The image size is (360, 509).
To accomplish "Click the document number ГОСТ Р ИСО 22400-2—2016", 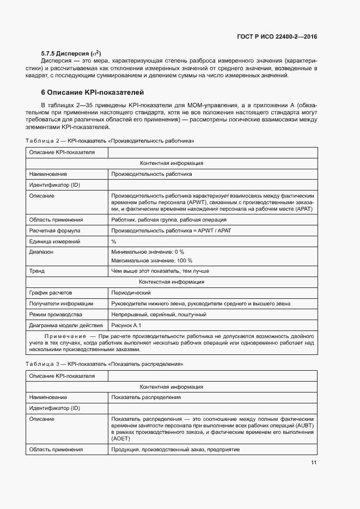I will pyautogui.click(x=277, y=37).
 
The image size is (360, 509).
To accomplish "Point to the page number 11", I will pyautogui.click(x=314, y=463).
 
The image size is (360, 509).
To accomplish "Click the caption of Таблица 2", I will pyautogui.click(x=110, y=141).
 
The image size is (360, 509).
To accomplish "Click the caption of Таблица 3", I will pyautogui.click(x=104, y=364).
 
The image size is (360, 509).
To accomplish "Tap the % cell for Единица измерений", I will pyautogui.click(x=114, y=241).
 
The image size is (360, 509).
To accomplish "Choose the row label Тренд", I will pyautogui.click(x=37, y=271).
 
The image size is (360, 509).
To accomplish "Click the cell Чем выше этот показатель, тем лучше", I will pyautogui.click(x=160, y=271).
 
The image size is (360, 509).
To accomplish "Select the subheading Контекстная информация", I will pyautogui.click(x=172, y=282).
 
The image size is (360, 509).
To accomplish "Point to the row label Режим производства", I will pyautogui.click(x=56, y=315).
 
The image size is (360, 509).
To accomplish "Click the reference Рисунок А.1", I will pyautogui.click(x=126, y=326).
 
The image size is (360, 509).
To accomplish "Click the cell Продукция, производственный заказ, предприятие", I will pyautogui.click(x=175, y=450).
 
